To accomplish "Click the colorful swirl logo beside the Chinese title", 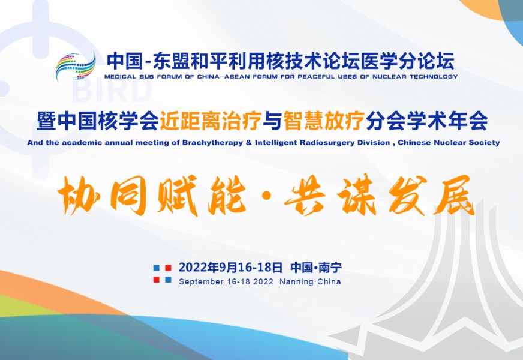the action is pyautogui.click(x=76, y=67).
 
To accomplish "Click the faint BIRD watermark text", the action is pyautogui.click(x=112, y=91).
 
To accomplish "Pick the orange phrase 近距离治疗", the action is pyautogui.click(x=210, y=121).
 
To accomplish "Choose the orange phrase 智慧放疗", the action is pyautogui.click(x=323, y=121).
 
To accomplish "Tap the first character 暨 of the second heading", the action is pyautogui.click(x=46, y=121).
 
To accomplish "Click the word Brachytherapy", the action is pyautogui.click(x=212, y=143).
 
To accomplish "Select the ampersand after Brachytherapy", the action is pyautogui.click(x=248, y=142).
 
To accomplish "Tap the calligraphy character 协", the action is pyautogui.click(x=79, y=196).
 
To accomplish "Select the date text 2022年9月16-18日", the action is pyautogui.click(x=230, y=267).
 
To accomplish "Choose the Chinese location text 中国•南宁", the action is pyautogui.click(x=316, y=267).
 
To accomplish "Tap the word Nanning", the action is pyautogui.click(x=296, y=282).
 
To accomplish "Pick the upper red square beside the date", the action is pyautogui.click(x=168, y=268).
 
